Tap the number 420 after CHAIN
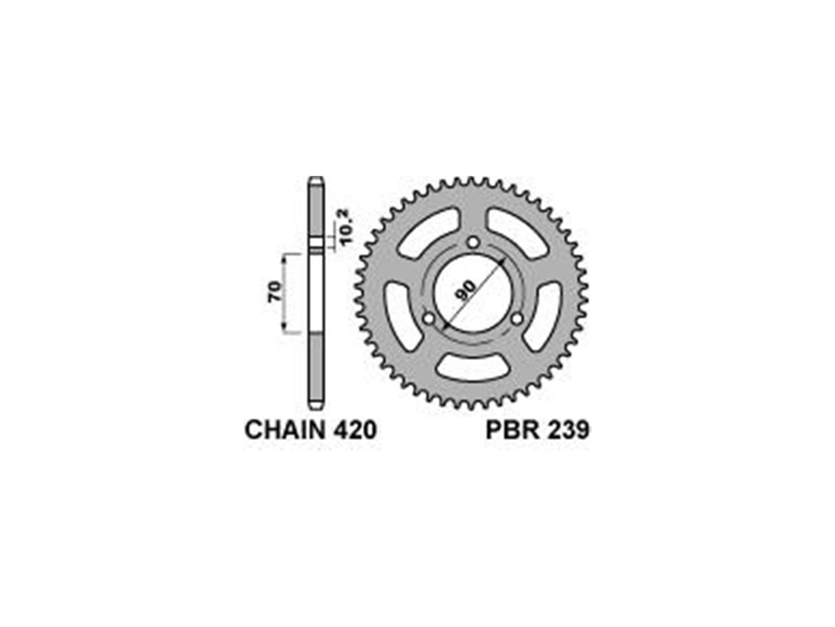tap(354, 431)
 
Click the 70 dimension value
tap(275, 293)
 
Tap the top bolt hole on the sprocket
tap(473, 242)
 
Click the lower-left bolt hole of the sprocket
tap(429, 318)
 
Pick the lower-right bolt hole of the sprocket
tap(517, 318)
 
